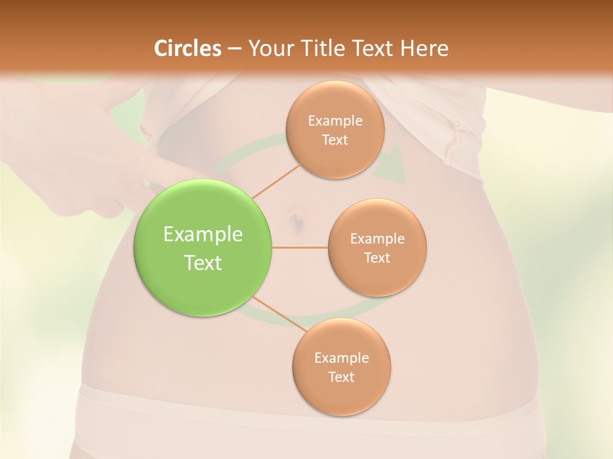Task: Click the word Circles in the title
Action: pyautogui.click(x=187, y=48)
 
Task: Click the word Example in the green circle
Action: pyautogui.click(x=203, y=235)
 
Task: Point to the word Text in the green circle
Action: pyautogui.click(x=203, y=263)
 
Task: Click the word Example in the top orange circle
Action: pyautogui.click(x=335, y=120)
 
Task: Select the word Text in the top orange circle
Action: pyautogui.click(x=335, y=140)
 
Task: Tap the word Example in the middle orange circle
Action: pyautogui.click(x=377, y=238)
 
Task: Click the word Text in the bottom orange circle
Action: pyautogui.click(x=341, y=377)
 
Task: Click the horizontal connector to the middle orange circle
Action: pyautogui.click(x=299, y=247)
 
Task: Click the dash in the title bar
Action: pyautogui.click(x=234, y=48)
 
